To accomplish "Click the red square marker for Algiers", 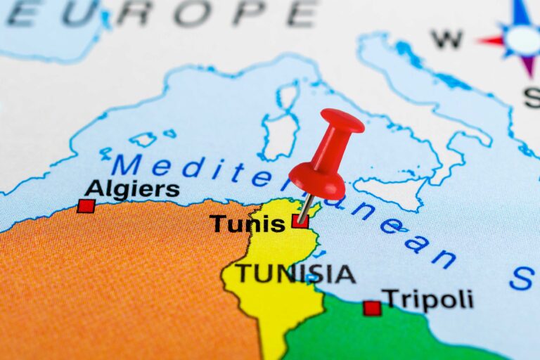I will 86,205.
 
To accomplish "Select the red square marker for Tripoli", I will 372,308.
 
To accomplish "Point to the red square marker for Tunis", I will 300,221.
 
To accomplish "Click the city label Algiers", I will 131,189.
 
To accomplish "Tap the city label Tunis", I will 247,224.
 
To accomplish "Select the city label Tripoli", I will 427,300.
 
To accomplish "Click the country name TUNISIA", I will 295,274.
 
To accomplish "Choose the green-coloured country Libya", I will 394,337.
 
